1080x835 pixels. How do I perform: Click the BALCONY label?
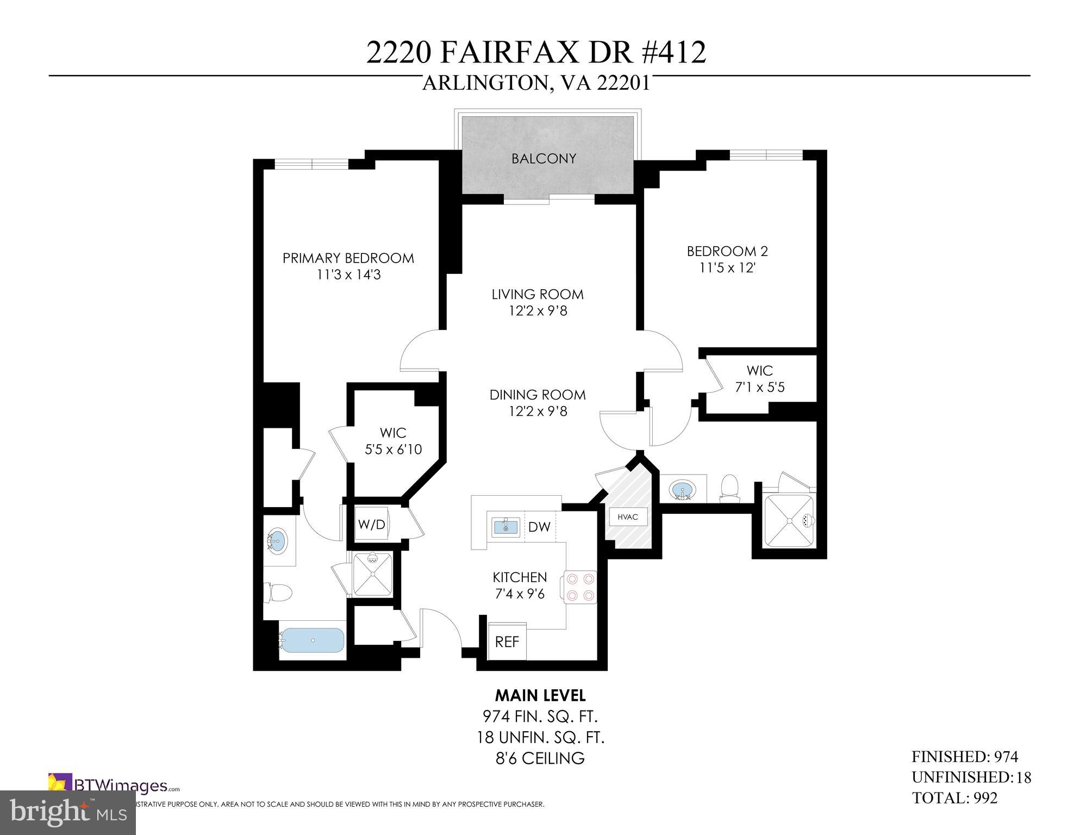(x=544, y=159)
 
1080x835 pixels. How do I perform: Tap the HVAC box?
(x=628, y=516)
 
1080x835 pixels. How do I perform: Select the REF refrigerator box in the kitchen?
(x=507, y=641)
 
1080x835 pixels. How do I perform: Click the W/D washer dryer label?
(x=372, y=525)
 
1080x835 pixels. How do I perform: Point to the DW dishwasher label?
(x=539, y=527)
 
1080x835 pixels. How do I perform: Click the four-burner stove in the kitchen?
(x=580, y=587)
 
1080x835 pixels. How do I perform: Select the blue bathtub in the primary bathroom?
(x=312, y=640)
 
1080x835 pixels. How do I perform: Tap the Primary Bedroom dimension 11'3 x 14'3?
(x=348, y=275)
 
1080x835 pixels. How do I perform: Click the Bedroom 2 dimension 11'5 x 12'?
(x=727, y=268)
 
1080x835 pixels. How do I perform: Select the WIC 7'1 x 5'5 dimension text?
(x=759, y=388)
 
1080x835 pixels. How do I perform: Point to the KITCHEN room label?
(x=520, y=577)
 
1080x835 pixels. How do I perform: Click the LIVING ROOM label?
(x=538, y=294)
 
